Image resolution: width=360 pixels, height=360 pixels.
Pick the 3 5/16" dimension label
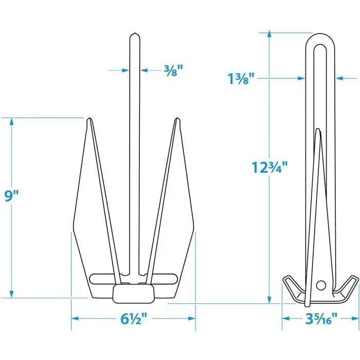tap(320, 319)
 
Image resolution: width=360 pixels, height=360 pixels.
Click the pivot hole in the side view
tap(321, 284)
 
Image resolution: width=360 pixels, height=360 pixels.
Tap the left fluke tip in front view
tap(89, 120)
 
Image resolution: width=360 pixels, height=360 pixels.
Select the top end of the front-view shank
tap(133, 35)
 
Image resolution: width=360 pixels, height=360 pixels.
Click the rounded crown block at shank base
tap(133, 293)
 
